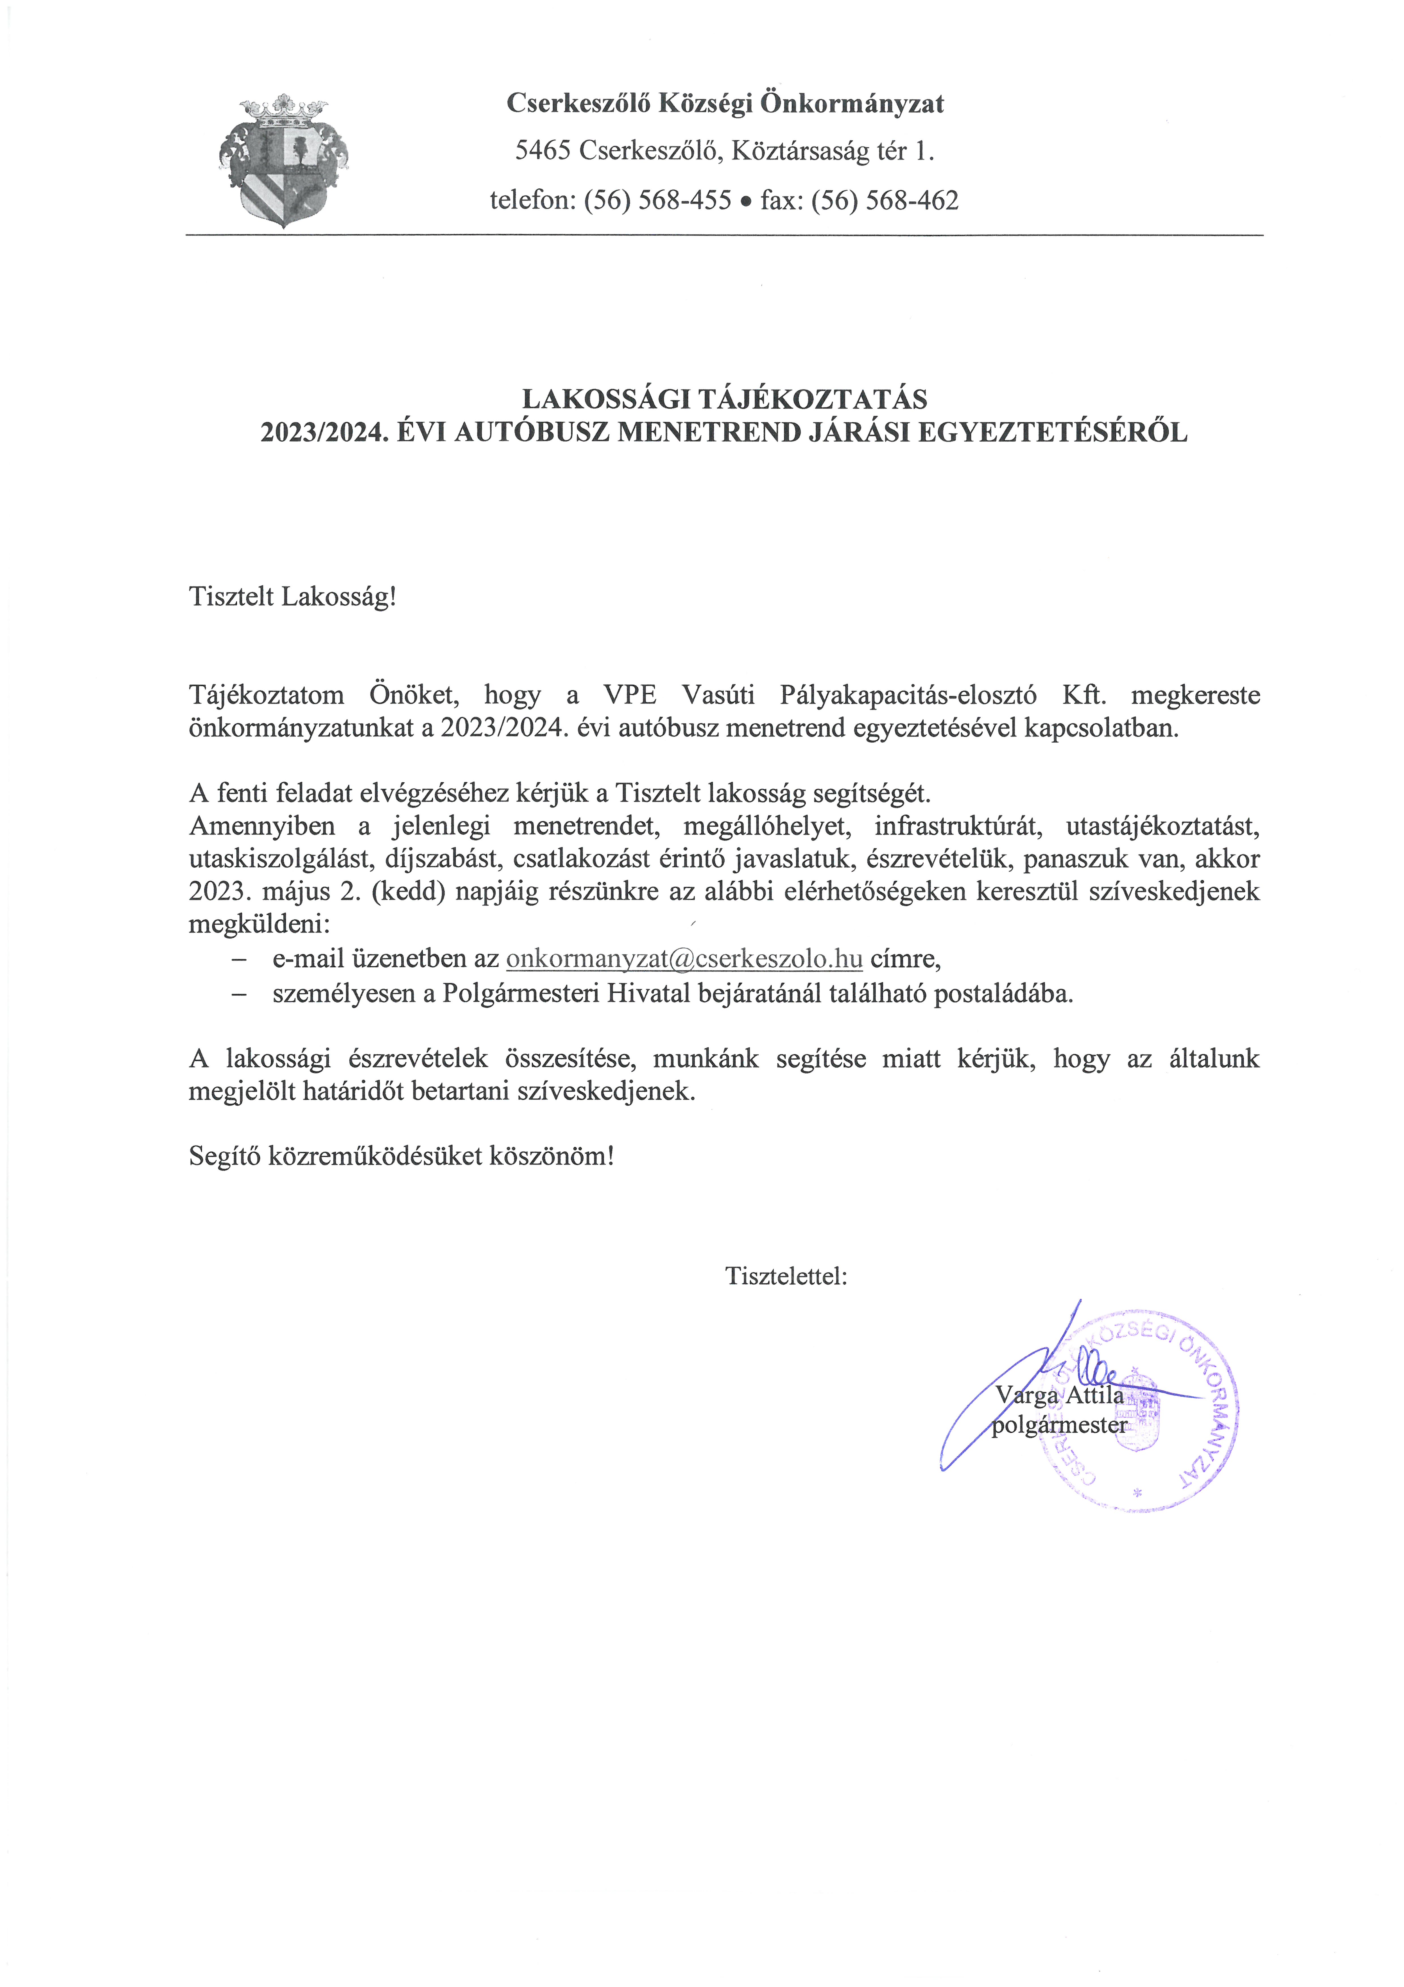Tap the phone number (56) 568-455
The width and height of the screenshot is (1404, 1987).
(658, 201)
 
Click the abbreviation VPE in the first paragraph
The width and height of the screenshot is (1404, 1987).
(630, 695)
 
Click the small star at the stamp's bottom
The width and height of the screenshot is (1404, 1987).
(1138, 1492)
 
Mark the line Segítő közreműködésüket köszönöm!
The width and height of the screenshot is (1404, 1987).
(401, 1156)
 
